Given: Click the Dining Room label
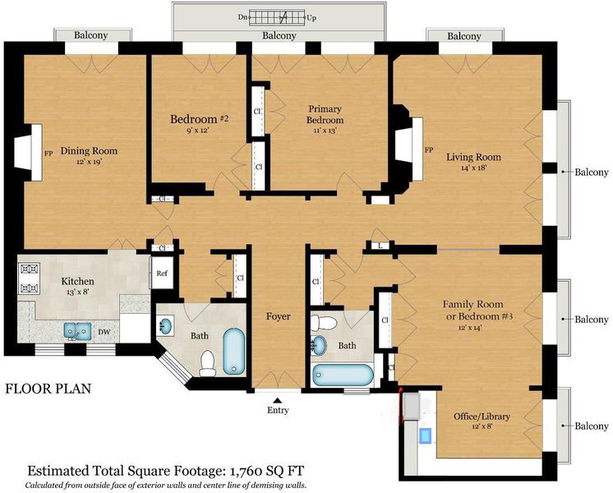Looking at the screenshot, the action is [89, 150].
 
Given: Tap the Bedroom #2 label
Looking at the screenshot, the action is [200, 119].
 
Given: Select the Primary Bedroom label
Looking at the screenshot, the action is [325, 114].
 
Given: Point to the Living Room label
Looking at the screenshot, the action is [474, 157].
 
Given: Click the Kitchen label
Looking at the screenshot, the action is [78, 281].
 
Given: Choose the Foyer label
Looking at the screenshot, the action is [279, 316].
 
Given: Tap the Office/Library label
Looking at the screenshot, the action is [482, 417].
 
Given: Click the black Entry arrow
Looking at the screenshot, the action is [277, 400].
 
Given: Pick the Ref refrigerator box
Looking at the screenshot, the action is [162, 273].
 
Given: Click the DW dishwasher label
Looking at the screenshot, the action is [104, 332].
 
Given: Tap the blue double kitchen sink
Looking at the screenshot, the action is [77, 330].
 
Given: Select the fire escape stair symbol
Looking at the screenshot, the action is [277, 17].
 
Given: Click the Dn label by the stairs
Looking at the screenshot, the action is [242, 17].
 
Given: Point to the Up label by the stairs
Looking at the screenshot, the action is [311, 17].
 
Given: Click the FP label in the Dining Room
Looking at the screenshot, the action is [48, 154].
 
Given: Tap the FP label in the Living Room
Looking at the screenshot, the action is [429, 150].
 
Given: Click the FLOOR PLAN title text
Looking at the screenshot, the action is [48, 389].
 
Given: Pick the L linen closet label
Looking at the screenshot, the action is [380, 246].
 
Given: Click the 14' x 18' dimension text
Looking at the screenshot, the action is [474, 168].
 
